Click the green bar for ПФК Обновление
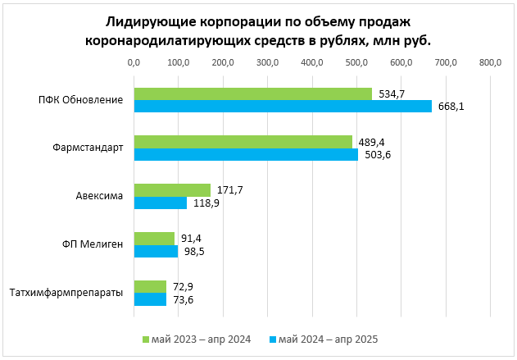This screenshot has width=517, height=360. click(252, 93)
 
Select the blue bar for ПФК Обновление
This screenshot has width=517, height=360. click(283, 106)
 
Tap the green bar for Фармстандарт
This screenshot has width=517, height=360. click(243, 142)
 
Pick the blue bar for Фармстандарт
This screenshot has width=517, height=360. click(246, 154)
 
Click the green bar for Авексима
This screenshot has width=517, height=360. click(172, 190)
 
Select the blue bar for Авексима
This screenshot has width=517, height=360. click(160, 203)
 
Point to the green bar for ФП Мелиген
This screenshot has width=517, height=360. click(154, 239)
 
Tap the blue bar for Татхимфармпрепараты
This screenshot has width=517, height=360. click(150, 299)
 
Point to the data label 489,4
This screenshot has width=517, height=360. click(372, 142)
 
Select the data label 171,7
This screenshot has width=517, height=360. click(230, 190)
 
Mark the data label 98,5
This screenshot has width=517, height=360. click(193, 251)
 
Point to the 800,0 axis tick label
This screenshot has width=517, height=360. click(490, 62)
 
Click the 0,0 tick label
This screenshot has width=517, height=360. click(134, 62)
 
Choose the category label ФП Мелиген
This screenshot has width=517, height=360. click(93, 244)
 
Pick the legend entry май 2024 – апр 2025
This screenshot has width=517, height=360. click(327, 339)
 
